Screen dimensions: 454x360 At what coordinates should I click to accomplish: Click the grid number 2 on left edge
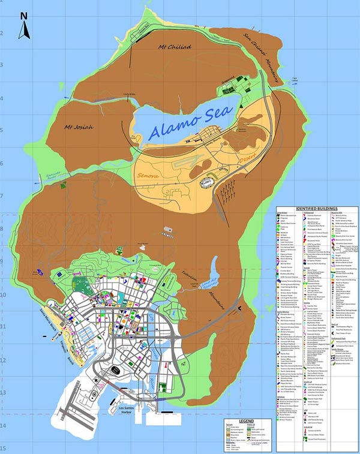[x=3, y=33]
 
